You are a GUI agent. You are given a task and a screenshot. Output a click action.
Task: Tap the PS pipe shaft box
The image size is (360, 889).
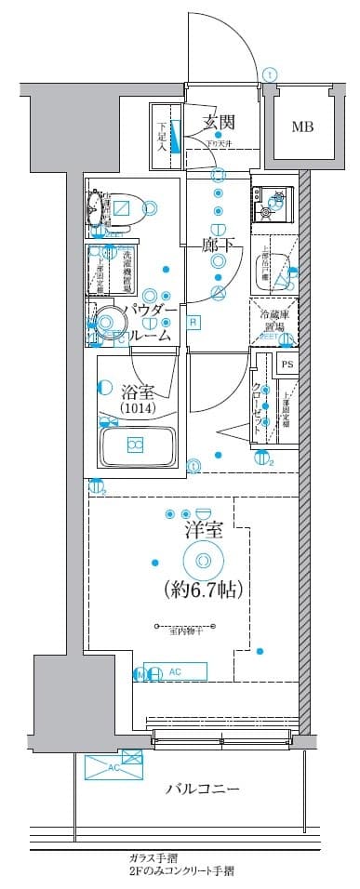coord(287,365)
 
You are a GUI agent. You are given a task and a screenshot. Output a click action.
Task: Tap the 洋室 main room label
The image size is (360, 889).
coord(203,531)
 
